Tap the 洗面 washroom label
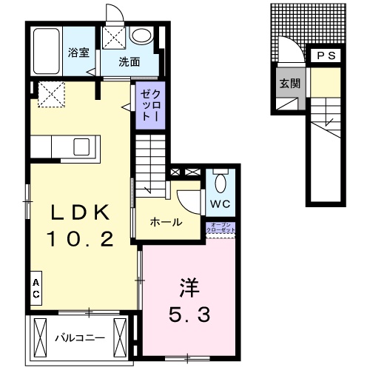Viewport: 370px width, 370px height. [x=129, y=62]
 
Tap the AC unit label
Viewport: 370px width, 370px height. [x=35, y=289]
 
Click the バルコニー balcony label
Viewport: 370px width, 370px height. [x=80, y=338]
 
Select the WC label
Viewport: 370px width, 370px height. [x=220, y=203]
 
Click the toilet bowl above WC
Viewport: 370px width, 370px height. [x=220, y=181]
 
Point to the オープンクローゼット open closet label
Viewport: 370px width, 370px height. [x=222, y=227]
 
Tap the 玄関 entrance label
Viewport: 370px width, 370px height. [x=289, y=83]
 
